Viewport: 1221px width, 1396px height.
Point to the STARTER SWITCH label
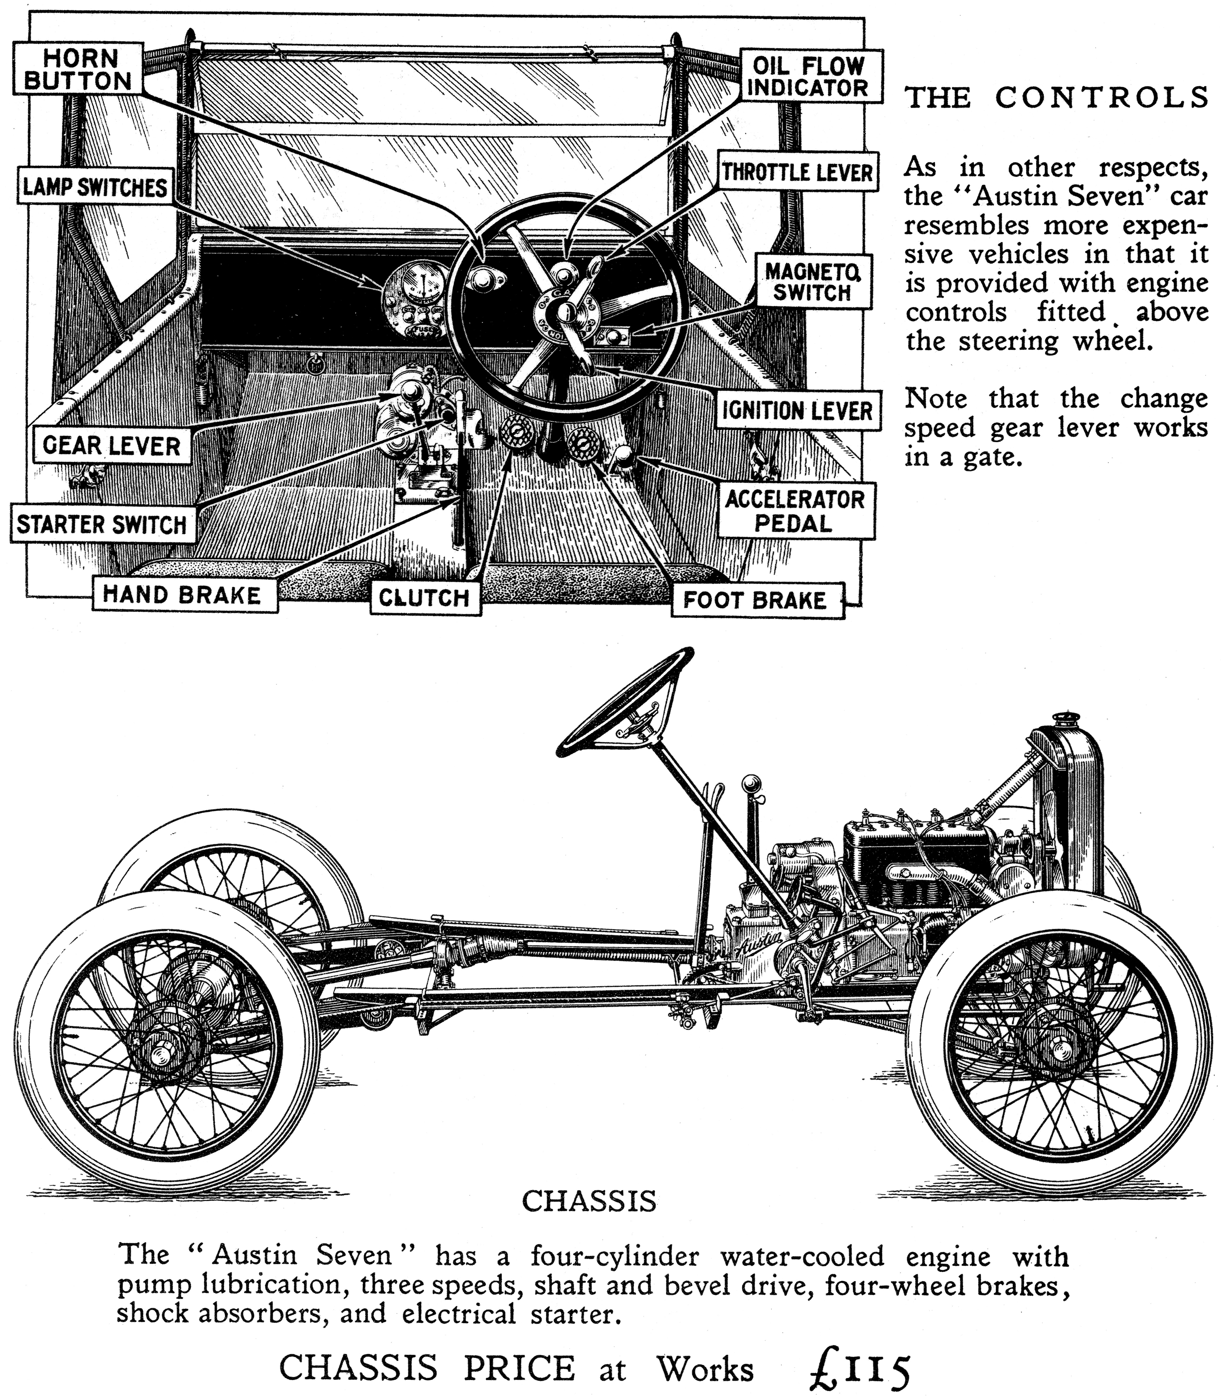102,524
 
